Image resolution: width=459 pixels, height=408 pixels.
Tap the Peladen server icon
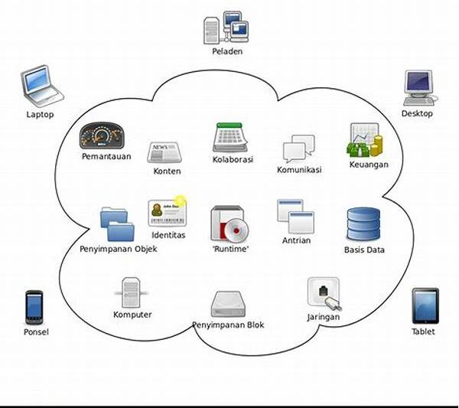(227, 27)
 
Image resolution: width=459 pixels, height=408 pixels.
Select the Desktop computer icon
(418, 88)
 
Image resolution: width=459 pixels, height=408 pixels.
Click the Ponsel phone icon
(34, 307)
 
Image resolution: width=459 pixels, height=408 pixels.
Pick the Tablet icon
(425, 305)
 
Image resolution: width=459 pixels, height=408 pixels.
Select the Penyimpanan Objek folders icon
(118, 224)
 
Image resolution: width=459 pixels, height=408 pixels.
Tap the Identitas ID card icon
(168, 212)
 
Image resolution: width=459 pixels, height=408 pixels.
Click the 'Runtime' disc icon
(231, 224)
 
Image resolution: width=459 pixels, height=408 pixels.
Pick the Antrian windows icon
(296, 216)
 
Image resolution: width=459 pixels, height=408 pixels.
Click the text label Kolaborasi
(233, 160)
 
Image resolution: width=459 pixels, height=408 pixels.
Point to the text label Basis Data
(364, 250)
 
